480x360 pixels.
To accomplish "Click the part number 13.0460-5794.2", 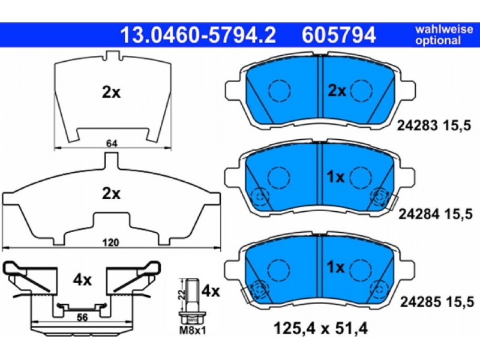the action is (x=199, y=35).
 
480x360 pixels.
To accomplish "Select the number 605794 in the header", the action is (x=338, y=35).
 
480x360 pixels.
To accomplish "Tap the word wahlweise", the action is (x=444, y=29).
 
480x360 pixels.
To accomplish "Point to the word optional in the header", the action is (x=438, y=40).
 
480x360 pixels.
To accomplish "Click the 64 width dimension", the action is (x=112, y=143).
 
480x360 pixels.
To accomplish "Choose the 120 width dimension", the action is (x=110, y=243).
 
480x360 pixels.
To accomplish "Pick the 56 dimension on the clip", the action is (x=82, y=317).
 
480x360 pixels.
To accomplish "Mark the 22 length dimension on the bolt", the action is (x=182, y=295).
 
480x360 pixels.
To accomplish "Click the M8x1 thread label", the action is (x=192, y=331).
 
